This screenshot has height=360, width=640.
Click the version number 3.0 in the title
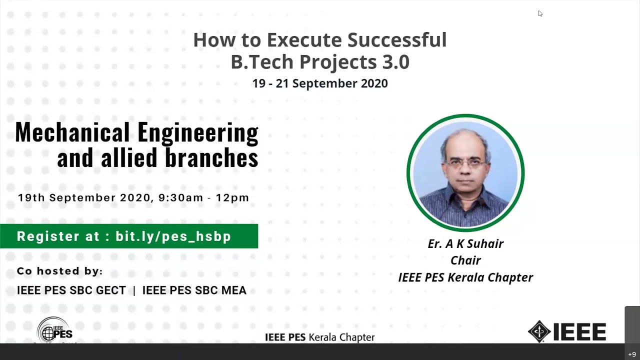click(x=395, y=62)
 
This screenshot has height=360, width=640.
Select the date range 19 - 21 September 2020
click(x=320, y=83)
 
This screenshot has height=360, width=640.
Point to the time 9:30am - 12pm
click(x=203, y=197)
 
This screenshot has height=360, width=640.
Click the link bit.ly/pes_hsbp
click(x=173, y=236)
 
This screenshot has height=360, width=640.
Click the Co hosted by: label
click(x=59, y=271)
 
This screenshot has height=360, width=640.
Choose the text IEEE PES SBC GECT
click(x=71, y=290)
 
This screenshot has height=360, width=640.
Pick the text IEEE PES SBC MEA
click(x=194, y=290)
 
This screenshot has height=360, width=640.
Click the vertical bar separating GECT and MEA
click(x=134, y=290)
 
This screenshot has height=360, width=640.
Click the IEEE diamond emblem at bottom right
click(x=539, y=331)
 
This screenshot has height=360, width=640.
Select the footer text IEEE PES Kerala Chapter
click(x=319, y=337)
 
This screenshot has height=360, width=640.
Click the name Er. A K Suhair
click(x=465, y=244)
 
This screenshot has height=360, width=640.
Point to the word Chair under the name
click(x=465, y=260)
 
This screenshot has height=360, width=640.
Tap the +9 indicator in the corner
click(x=632, y=354)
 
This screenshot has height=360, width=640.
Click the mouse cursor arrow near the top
click(x=540, y=13)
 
